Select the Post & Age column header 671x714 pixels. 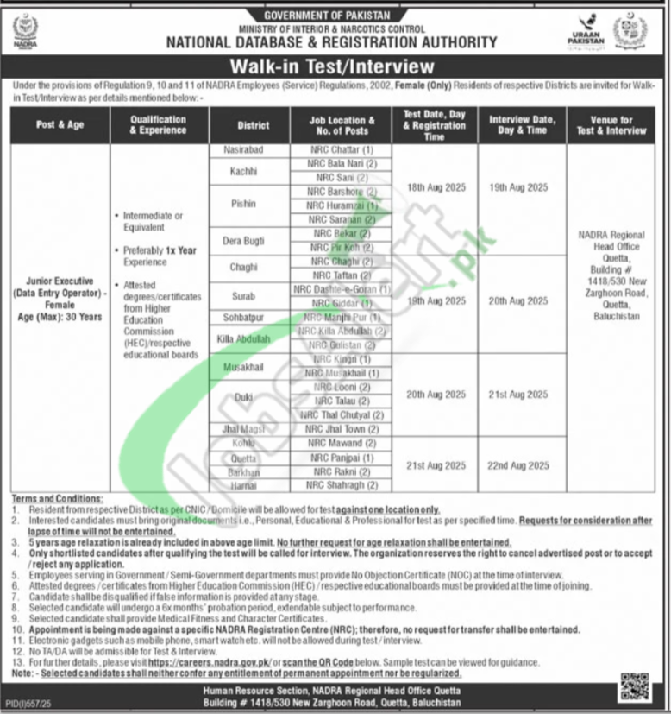60,125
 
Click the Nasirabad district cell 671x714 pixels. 243,150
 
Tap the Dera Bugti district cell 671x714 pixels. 243,240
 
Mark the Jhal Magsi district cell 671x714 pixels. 243,429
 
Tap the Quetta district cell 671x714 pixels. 243,458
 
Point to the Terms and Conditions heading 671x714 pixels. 59,500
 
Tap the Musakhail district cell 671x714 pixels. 243,366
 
